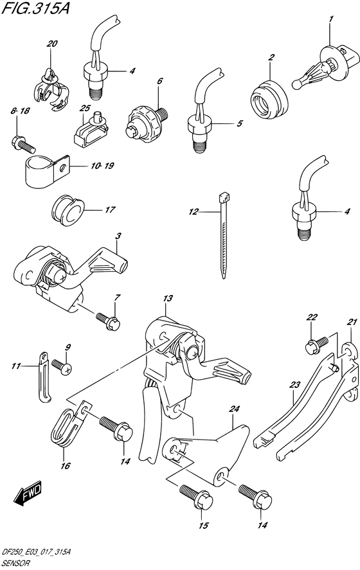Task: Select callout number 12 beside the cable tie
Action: click(194, 211)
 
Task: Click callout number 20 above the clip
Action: click(51, 44)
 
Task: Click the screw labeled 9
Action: click(62, 367)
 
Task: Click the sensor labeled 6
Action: click(145, 118)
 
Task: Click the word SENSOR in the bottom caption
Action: click(14, 562)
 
